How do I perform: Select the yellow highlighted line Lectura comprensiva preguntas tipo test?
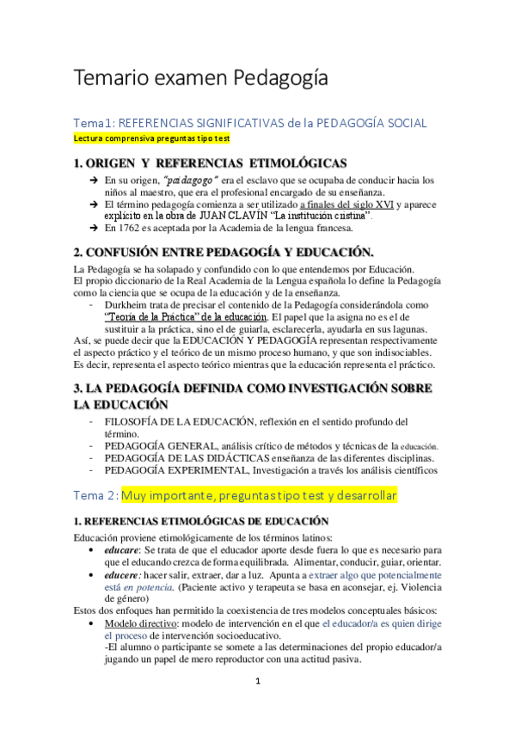[150, 138]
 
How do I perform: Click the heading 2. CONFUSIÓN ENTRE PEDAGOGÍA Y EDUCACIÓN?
[224, 252]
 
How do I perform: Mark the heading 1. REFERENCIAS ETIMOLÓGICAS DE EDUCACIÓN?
[201, 521]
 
